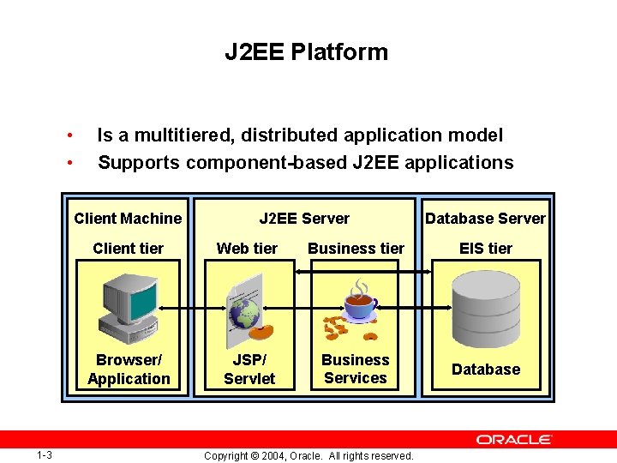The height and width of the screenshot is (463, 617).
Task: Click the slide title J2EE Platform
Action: [306, 52]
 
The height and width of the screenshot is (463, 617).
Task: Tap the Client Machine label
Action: [128, 219]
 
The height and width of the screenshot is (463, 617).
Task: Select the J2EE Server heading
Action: [304, 219]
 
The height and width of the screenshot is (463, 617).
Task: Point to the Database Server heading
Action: [485, 219]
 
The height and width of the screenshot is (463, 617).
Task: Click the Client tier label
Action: [128, 249]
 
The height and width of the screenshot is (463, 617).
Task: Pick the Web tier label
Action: [247, 249]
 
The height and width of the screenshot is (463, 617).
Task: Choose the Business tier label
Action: [356, 249]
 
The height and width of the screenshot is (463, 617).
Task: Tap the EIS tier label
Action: [485, 249]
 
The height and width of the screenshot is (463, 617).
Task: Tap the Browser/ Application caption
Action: [129, 370]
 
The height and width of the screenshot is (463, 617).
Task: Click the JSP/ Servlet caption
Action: [249, 370]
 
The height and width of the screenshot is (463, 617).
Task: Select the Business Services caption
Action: [356, 370]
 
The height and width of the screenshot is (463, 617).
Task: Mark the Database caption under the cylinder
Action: [485, 370]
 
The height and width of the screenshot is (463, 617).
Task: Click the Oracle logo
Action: [514, 439]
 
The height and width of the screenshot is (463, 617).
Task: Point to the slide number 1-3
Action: [45, 454]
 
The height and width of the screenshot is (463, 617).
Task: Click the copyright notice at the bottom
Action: [308, 455]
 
